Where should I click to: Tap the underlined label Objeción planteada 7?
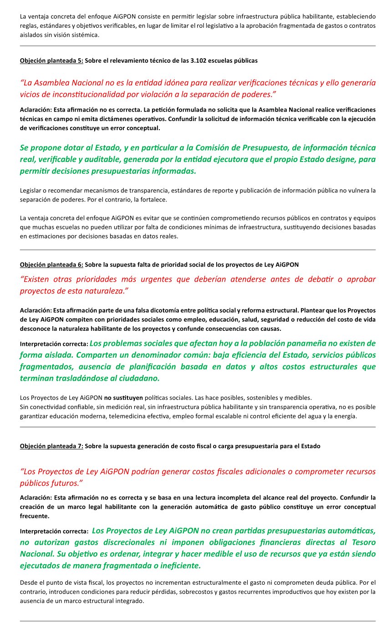tap(51, 446)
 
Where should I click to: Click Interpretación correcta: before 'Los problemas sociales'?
tap(54, 344)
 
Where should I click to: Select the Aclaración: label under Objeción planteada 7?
tap(36, 497)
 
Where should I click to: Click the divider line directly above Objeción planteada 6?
tap(198, 250)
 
